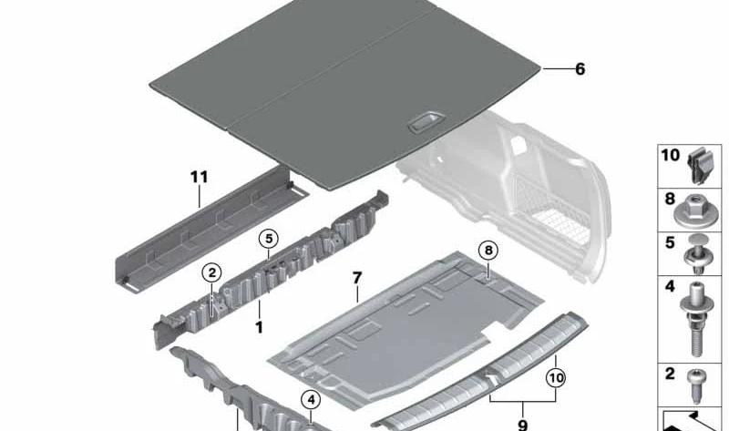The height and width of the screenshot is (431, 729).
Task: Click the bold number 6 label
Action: tap(580, 69)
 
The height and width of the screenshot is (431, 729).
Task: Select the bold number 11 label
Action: tap(199, 177)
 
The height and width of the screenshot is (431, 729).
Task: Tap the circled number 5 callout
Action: tap(269, 239)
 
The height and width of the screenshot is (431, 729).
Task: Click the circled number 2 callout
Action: tap(212, 273)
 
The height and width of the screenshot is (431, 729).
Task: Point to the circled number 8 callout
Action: tap(488, 251)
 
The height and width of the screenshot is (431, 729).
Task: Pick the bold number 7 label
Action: tap(356, 278)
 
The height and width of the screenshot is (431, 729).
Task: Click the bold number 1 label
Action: tap(259, 327)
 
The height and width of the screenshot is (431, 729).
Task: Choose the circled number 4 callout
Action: tap(311, 400)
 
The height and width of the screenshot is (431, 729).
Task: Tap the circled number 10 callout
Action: tap(556, 378)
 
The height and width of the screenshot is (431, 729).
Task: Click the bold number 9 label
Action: tap(522, 425)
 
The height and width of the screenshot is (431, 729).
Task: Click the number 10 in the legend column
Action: tap(670, 155)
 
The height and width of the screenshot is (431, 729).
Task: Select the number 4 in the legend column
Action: tap(670, 286)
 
